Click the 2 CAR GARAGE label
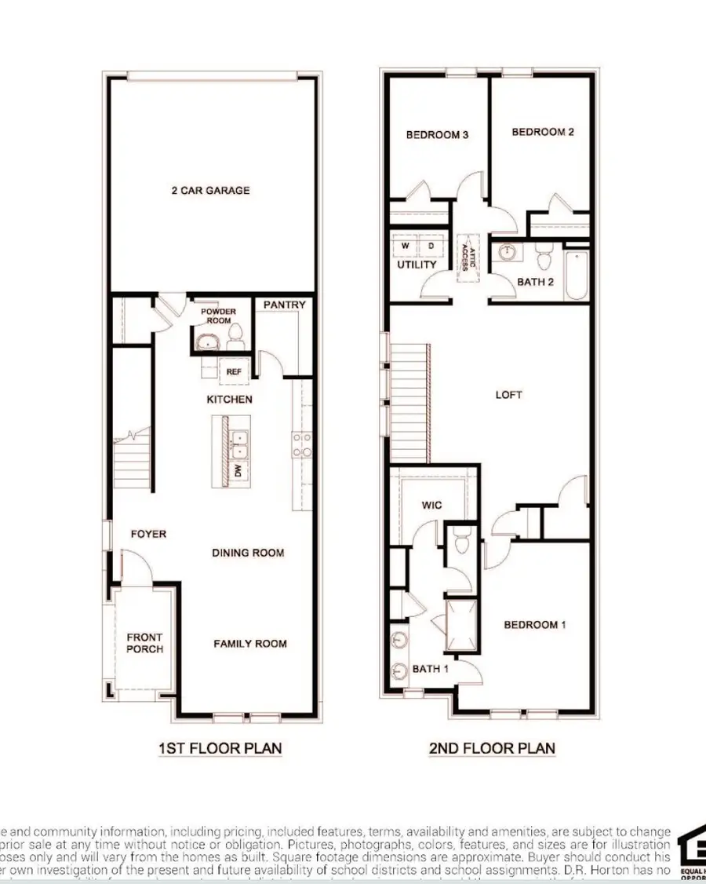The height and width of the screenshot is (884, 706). click(x=210, y=190)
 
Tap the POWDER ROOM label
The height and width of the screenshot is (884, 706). click(x=218, y=316)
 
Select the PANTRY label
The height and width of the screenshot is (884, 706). click(x=284, y=305)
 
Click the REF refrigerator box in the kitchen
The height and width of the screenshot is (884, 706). click(x=234, y=372)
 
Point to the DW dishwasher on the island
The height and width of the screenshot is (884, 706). click(x=237, y=471)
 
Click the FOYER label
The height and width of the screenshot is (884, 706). click(x=148, y=534)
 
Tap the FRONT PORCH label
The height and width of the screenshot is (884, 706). click(x=145, y=643)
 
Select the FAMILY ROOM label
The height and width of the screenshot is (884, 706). click(x=250, y=644)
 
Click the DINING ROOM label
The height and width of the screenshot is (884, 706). click(x=248, y=553)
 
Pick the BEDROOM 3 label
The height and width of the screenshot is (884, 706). click(x=437, y=135)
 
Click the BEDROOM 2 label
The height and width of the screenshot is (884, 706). click(x=543, y=132)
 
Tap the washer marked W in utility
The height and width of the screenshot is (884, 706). click(x=406, y=246)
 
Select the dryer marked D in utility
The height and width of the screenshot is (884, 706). click(x=431, y=246)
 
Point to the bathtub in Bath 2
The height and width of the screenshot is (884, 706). click(x=577, y=276)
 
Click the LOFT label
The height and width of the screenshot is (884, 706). click(x=508, y=395)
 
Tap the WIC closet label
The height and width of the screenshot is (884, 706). click(x=431, y=505)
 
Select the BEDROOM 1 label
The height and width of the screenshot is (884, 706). click(x=535, y=625)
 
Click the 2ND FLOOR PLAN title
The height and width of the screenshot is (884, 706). click(x=492, y=748)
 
